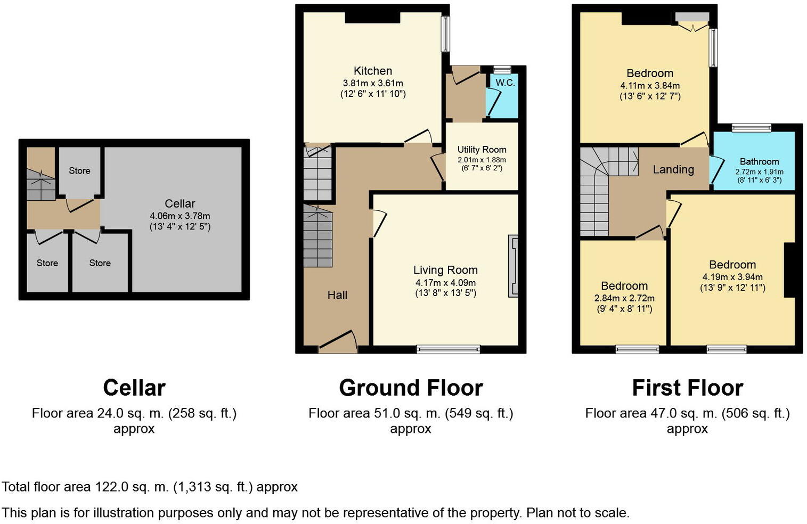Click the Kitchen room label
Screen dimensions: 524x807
click(x=373, y=71)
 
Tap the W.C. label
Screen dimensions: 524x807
click(x=505, y=83)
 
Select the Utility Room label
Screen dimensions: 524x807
click(x=482, y=150)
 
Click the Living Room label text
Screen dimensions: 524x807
click(x=445, y=270)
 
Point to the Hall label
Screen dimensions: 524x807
click(x=337, y=295)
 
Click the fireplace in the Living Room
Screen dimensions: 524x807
click(x=513, y=266)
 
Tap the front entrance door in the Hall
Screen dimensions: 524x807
click(x=338, y=343)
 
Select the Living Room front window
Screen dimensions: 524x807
click(x=449, y=350)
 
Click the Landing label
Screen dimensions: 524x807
click(x=673, y=169)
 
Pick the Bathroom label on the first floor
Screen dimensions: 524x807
click(x=759, y=161)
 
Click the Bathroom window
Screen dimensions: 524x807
click(x=751, y=127)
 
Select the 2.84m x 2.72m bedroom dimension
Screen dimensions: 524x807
click(x=624, y=298)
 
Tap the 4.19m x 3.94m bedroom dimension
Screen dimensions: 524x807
click(x=732, y=277)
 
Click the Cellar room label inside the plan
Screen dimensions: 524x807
click(x=180, y=203)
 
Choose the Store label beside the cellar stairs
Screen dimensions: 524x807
click(x=79, y=170)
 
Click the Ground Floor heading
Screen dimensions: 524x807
click(x=411, y=388)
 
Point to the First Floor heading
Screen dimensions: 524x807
click(x=687, y=388)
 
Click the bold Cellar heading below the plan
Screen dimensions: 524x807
click(x=134, y=388)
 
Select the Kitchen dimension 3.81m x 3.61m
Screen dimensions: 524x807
click(x=373, y=83)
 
